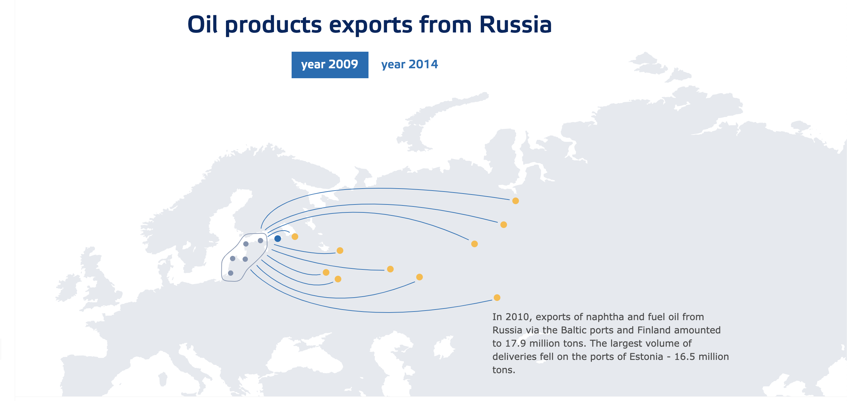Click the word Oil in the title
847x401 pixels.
click(x=202, y=25)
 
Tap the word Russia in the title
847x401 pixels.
click(x=516, y=25)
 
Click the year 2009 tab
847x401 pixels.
click(x=330, y=65)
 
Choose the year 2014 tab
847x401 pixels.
click(x=410, y=64)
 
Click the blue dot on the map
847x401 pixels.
click(x=278, y=239)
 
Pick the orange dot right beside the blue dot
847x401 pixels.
click(x=295, y=237)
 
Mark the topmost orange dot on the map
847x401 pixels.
click(x=516, y=201)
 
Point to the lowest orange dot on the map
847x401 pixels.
click(x=497, y=298)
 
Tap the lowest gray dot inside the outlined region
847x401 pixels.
click(x=231, y=273)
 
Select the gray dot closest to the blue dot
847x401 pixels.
click(x=260, y=241)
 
